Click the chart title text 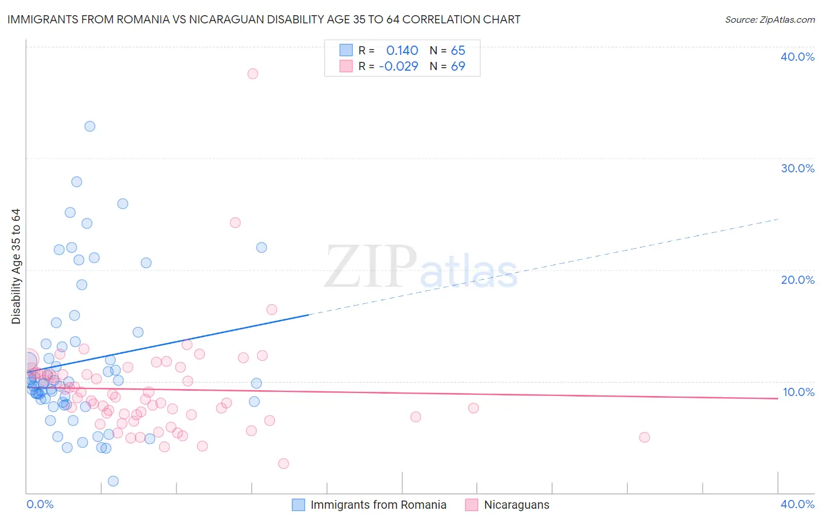coord(264,20)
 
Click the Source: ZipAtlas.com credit coord(769,20)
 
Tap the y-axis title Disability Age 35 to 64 coord(16,266)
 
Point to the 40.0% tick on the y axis coord(797,57)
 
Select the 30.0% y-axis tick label coord(797,168)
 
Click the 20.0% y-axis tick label coord(797,280)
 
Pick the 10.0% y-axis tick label coord(798,392)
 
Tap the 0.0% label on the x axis coord(40,504)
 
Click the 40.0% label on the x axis coord(797,504)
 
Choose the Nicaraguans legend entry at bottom coord(516,505)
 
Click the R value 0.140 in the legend coord(402,51)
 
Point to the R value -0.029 coord(399,67)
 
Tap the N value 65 coord(458,51)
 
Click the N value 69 coord(458,67)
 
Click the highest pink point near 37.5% coord(253,74)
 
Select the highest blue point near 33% coord(89,126)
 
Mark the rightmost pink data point coord(644,437)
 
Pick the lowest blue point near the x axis coord(113,481)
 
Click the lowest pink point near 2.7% coord(284,464)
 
